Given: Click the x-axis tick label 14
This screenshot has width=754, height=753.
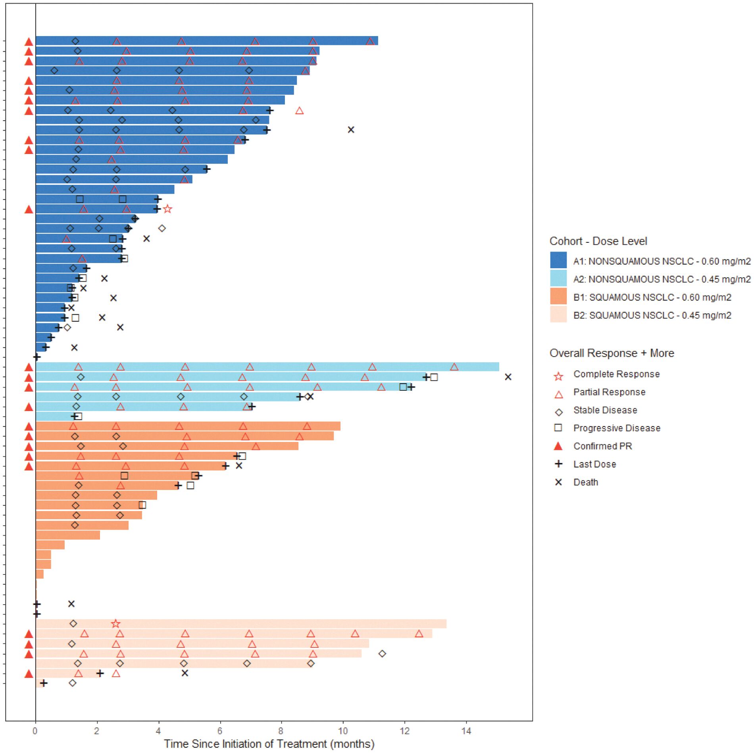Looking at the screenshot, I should tap(466, 731).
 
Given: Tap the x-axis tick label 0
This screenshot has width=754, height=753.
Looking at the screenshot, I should tap(35, 731).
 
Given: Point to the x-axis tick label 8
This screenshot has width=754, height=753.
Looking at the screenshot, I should tap(281, 731).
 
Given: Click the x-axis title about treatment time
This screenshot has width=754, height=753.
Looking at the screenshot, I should tap(269, 744).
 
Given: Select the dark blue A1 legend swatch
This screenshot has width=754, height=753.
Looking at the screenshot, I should tap(558, 260).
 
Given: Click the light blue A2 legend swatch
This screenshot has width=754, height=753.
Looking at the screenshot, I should tap(558, 279).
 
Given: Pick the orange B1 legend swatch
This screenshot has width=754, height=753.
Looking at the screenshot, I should tap(558, 296).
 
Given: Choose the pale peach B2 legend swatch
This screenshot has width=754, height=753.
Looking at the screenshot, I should tap(558, 315).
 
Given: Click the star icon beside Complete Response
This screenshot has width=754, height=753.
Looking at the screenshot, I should tap(558, 376).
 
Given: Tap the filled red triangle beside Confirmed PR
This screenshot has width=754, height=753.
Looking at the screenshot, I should tap(558, 446).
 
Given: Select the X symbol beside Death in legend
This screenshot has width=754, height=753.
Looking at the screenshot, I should tap(558, 482).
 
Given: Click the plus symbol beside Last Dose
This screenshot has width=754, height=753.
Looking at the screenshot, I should tap(558, 464).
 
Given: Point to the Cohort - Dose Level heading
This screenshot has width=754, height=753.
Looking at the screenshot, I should tap(598, 241).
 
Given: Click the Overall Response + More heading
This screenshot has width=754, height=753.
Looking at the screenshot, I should tap(612, 353).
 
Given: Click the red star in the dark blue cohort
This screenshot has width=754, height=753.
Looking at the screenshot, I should tap(167, 209).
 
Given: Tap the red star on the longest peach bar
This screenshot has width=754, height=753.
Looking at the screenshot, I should tap(115, 624).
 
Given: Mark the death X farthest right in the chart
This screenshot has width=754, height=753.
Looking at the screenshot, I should tap(508, 376).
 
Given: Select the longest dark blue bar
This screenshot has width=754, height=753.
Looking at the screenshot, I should tap(206, 41).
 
